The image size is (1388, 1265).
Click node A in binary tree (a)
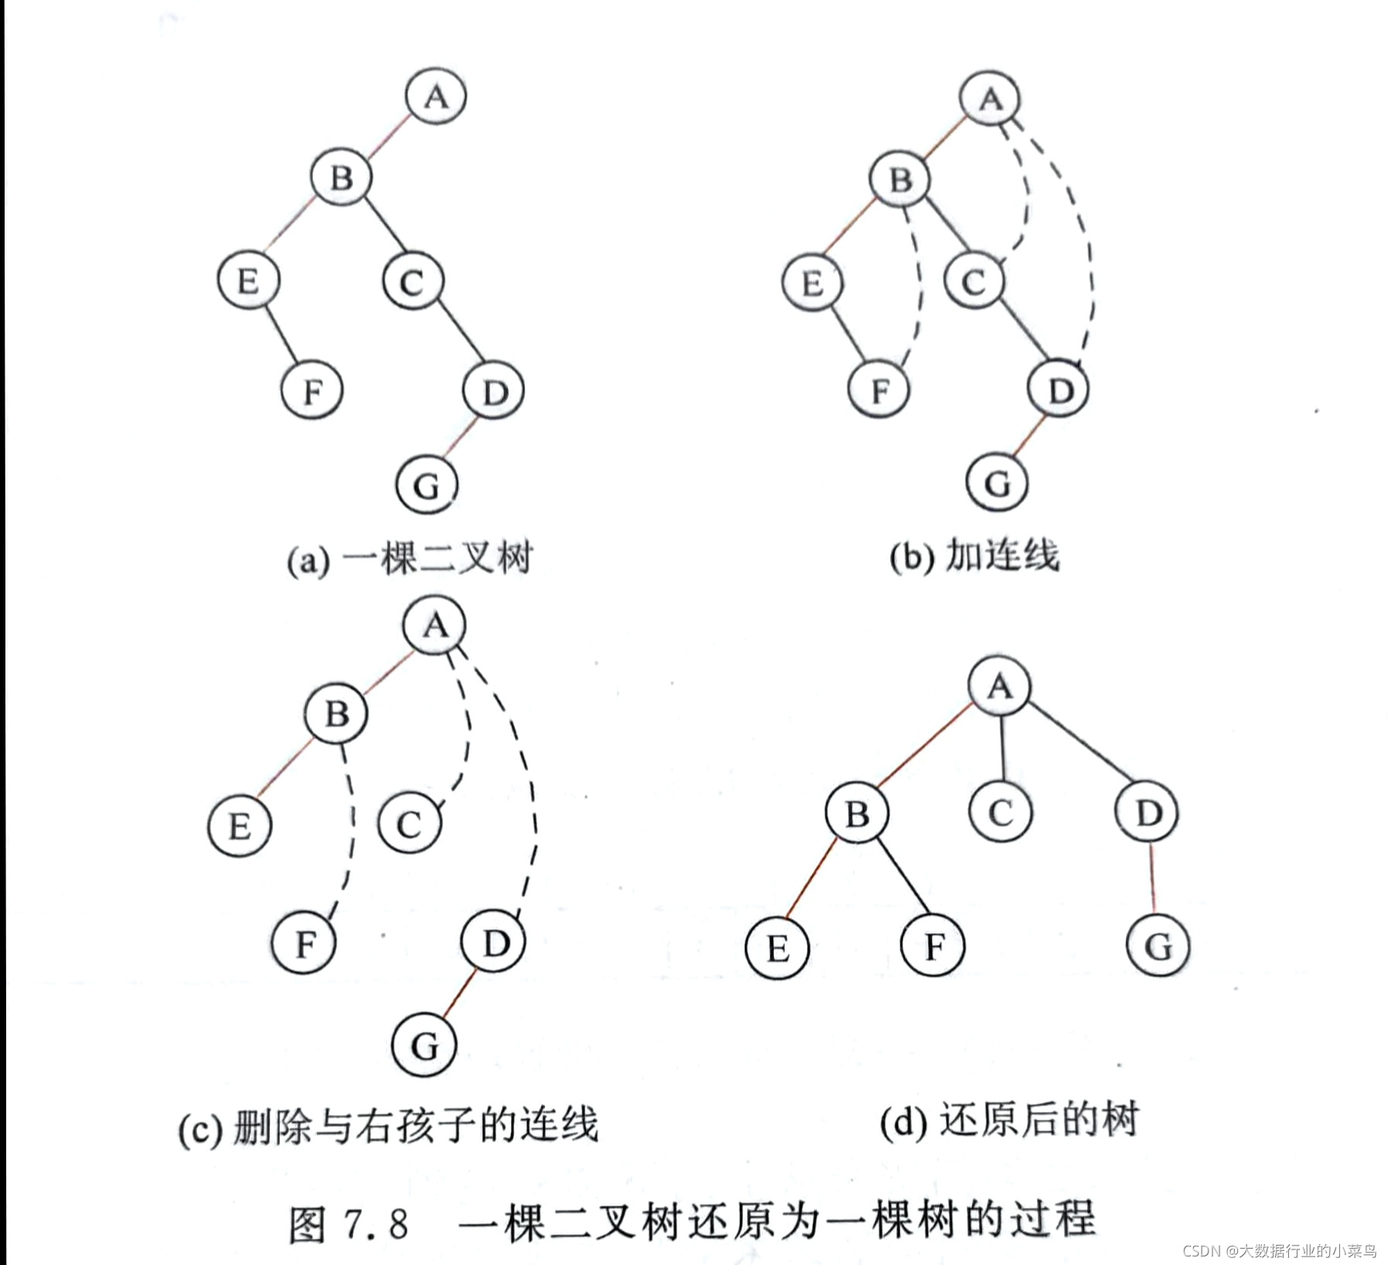pyautogui.click(x=435, y=96)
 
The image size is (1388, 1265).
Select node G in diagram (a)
pyautogui.click(x=427, y=485)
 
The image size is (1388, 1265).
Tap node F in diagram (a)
pyautogui.click(x=312, y=390)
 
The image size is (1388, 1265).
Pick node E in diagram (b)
pyautogui.click(x=812, y=282)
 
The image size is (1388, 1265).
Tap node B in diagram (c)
pyautogui.click(x=336, y=713)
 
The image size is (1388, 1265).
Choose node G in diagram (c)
pyautogui.click(x=425, y=1045)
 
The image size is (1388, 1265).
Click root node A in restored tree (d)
pyautogui.click(x=999, y=686)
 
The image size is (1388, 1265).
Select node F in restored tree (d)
pyautogui.click(x=933, y=945)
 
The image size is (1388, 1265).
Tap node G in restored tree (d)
pyautogui.click(x=1158, y=945)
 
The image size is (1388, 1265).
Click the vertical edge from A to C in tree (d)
pyautogui.click(x=1002, y=749)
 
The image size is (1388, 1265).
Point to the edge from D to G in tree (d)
pyautogui.click(x=1153, y=879)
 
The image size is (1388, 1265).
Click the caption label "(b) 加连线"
pyautogui.click(x=974, y=556)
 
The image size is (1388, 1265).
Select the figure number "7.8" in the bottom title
pyautogui.click(x=376, y=1224)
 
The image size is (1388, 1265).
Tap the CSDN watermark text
pyautogui.click(x=1280, y=1251)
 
